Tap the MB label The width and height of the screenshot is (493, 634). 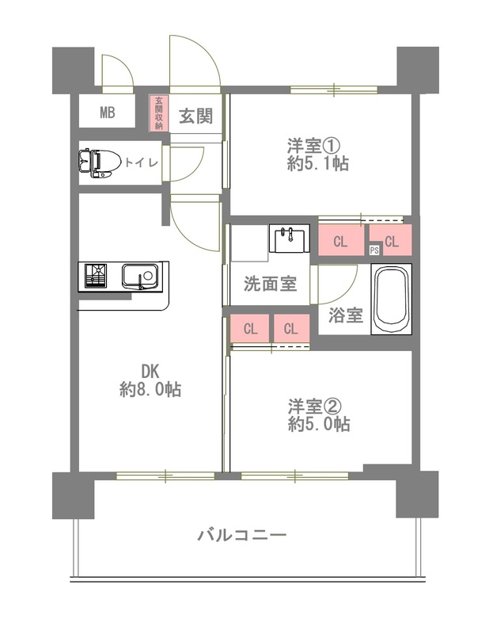point(107,113)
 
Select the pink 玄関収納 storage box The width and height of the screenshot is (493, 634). point(159,113)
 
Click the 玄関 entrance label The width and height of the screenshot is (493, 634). point(195,116)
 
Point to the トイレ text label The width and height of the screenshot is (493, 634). point(142,162)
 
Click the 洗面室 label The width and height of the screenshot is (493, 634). point(270,283)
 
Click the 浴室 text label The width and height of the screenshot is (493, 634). point(346,315)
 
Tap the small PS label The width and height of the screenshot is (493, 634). point(374,250)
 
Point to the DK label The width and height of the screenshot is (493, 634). point(151,371)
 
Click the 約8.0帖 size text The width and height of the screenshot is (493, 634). point(150,390)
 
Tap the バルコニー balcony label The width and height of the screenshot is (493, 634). point(242,535)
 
